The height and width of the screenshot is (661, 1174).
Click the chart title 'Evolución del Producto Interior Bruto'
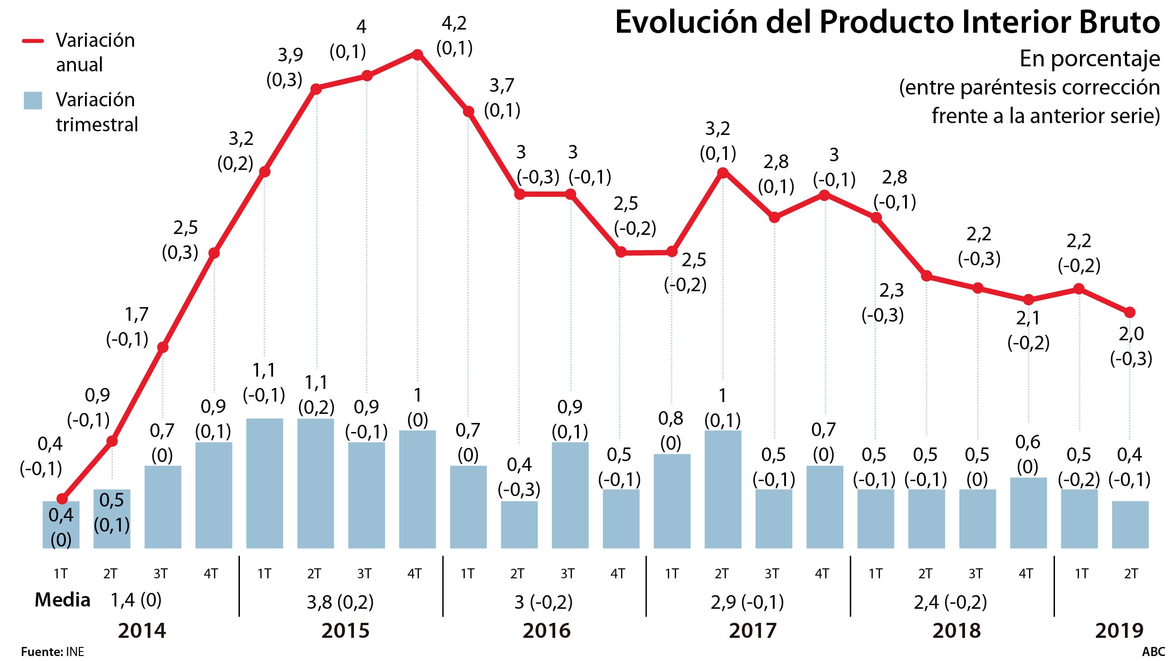[887, 23]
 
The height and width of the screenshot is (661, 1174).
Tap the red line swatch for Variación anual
[33, 41]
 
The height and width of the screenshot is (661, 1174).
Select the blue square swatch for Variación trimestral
[33, 100]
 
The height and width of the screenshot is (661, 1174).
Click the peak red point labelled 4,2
[417, 55]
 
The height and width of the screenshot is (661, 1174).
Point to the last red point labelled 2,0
[1130, 312]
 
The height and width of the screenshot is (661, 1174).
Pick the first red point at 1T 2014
[62, 499]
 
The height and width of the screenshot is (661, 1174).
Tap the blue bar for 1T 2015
[264, 483]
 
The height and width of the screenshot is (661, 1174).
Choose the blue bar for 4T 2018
[1028, 513]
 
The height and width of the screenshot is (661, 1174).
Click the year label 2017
[752, 631]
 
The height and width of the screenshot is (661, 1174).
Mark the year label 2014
[142, 631]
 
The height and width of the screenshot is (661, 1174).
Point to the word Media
[62, 601]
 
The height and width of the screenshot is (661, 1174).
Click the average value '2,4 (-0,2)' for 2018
[950, 602]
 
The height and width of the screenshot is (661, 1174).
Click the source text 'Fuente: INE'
[52, 652]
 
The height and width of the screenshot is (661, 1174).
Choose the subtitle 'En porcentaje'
[1089, 59]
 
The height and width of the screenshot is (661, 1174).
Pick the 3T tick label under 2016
[567, 573]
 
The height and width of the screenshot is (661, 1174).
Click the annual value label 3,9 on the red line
[290, 55]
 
